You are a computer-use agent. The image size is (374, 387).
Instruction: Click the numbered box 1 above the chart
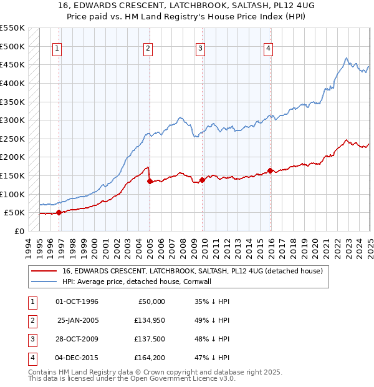(57, 50)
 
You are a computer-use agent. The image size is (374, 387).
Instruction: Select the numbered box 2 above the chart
(148, 50)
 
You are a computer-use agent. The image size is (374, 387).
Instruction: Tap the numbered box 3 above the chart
(200, 50)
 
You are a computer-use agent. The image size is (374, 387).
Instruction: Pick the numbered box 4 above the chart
(267, 50)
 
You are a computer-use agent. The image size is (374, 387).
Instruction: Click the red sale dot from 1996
(59, 212)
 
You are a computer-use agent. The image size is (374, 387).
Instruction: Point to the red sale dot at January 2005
(150, 181)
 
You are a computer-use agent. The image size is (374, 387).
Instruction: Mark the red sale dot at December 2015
(270, 170)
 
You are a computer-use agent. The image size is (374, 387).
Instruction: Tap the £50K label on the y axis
(14, 213)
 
